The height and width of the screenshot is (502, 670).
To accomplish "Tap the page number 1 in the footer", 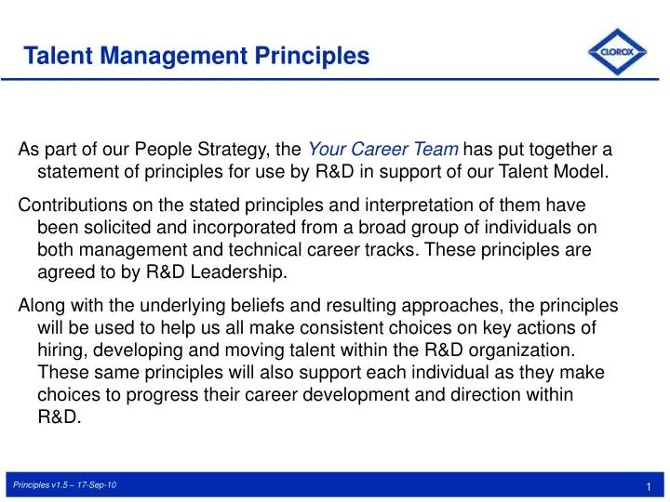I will [646, 488].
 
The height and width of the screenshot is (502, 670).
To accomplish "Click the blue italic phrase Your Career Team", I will [382, 149].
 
